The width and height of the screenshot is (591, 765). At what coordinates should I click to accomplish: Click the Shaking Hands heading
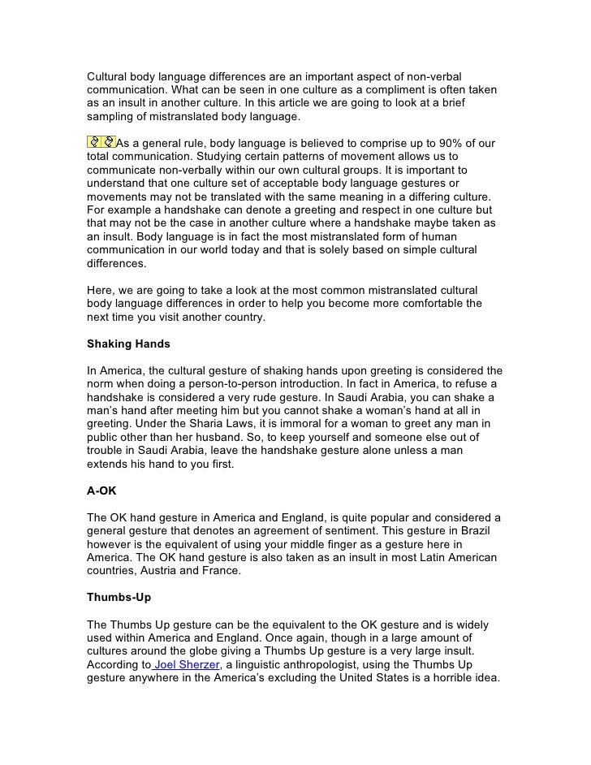128,344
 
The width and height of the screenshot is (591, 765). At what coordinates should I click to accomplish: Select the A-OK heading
102,491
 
